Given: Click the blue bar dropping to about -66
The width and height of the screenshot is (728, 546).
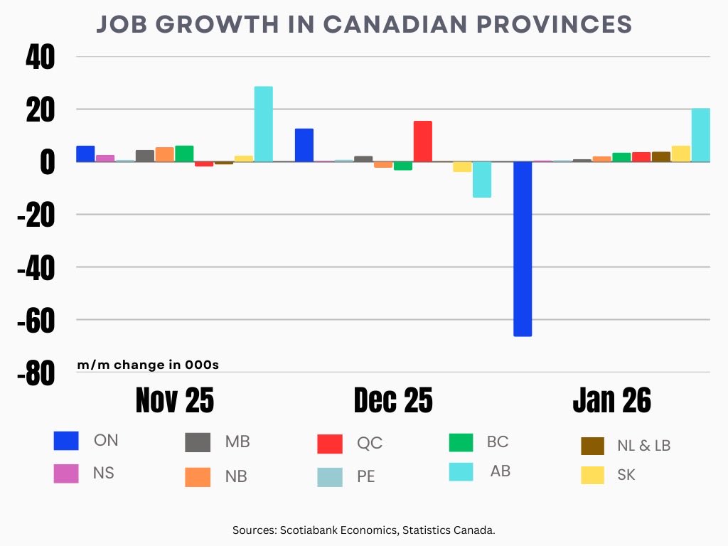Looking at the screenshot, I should pyautogui.click(x=523, y=249).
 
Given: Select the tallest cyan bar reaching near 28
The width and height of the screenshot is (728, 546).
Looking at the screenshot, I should pyautogui.click(x=264, y=124).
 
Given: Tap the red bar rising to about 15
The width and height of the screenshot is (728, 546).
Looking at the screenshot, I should pyautogui.click(x=423, y=141).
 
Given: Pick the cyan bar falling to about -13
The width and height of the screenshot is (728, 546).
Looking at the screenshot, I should pyautogui.click(x=482, y=179).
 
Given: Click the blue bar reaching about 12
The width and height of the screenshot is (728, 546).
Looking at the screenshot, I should pyautogui.click(x=304, y=145).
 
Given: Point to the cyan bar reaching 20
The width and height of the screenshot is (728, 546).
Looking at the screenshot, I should pyautogui.click(x=700, y=135).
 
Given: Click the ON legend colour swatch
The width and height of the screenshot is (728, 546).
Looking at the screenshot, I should pyautogui.click(x=66, y=441).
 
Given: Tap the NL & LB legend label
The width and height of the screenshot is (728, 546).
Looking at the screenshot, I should pyautogui.click(x=643, y=446).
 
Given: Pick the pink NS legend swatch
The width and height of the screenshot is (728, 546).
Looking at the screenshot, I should pyautogui.click(x=66, y=473).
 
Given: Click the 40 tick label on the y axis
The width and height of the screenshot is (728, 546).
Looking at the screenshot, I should pyautogui.click(x=40, y=58).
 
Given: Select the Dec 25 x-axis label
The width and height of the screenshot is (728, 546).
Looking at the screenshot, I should pyautogui.click(x=392, y=401).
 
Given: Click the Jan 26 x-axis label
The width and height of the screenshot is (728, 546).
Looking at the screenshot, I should pyautogui.click(x=611, y=401).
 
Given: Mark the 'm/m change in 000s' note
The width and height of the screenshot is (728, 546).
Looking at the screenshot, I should pyautogui.click(x=148, y=365).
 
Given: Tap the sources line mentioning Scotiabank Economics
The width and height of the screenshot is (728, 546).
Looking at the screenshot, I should pyautogui.click(x=363, y=530).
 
